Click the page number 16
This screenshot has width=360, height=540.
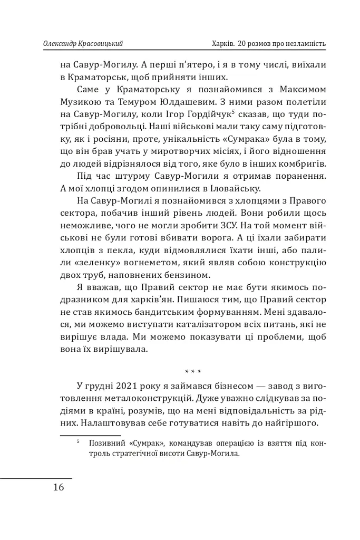tap(59, 487)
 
